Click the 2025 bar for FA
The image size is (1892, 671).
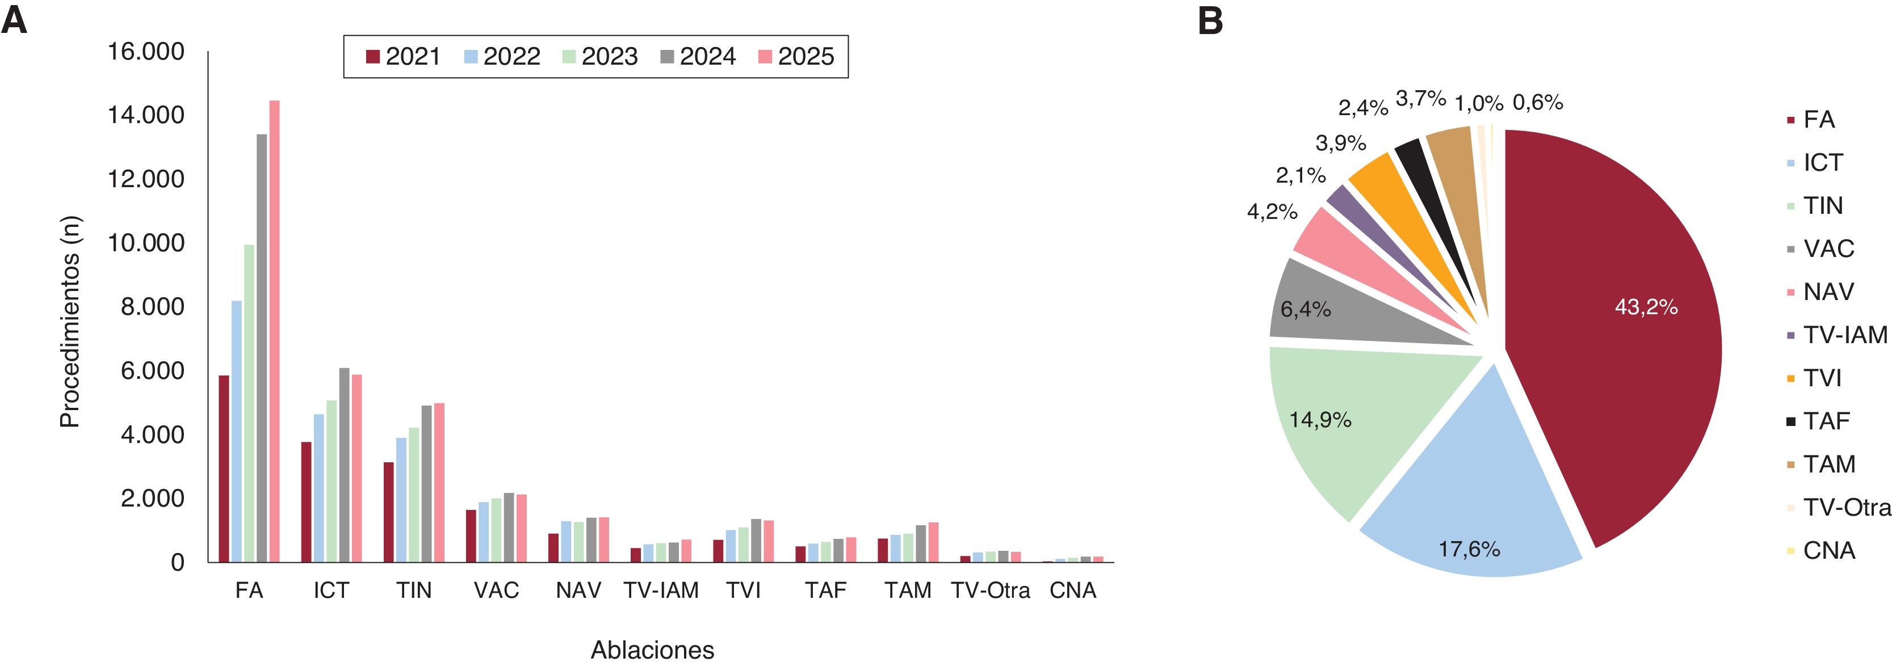(275, 331)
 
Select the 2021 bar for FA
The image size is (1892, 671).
(224, 469)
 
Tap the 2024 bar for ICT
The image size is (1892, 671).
(345, 465)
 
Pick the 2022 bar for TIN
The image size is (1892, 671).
(401, 500)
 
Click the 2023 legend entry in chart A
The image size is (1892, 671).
(599, 57)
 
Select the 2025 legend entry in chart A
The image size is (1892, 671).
(795, 57)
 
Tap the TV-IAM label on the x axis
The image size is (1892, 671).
(661, 590)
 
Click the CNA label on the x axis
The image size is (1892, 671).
(1073, 590)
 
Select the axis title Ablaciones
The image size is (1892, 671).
(652, 649)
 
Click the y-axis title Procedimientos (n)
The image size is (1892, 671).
(70, 322)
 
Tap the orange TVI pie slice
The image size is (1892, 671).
(1395, 205)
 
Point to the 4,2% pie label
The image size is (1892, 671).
(1272, 212)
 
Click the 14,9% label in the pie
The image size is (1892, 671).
(1320, 420)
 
